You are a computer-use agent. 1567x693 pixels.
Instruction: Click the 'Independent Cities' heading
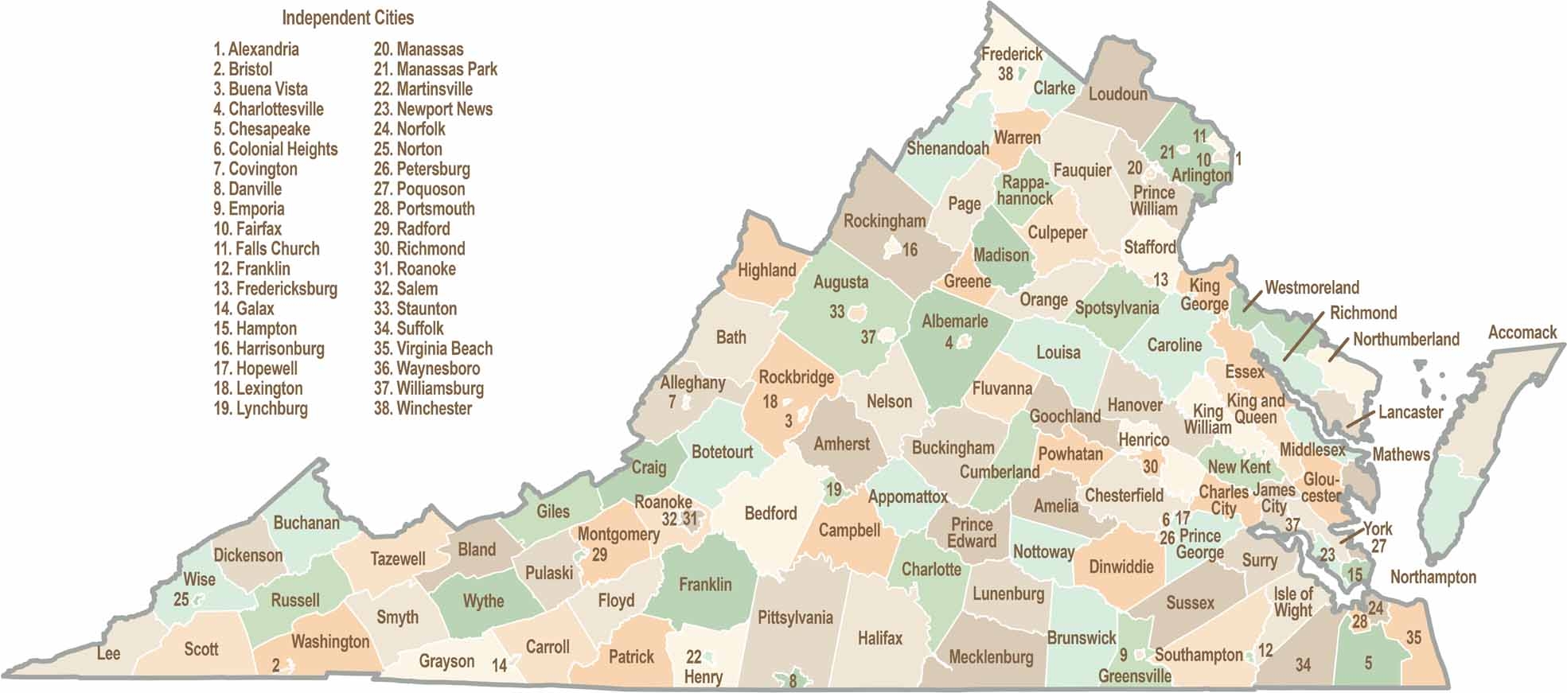[348, 18]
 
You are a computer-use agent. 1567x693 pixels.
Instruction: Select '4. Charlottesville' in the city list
[268, 109]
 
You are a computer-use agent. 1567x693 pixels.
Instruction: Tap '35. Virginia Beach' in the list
[433, 348]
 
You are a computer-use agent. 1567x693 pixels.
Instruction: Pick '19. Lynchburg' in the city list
[260, 408]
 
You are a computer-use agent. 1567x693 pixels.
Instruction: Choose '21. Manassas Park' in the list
[435, 69]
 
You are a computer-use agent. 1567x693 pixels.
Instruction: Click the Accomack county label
[1522, 333]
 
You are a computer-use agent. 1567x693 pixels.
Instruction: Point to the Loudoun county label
[1117, 94]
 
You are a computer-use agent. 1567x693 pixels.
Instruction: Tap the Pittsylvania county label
[794, 617]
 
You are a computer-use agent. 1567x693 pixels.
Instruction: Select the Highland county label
[766, 270]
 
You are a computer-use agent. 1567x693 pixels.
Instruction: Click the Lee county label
[108, 653]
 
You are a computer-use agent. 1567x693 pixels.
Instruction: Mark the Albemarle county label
[954, 321]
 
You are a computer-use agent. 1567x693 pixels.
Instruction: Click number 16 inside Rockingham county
[910, 250]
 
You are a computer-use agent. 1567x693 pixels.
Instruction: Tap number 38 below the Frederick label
[1005, 74]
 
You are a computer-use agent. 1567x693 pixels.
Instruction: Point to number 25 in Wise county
[181, 599]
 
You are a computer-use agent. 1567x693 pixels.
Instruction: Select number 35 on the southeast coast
[1413, 637]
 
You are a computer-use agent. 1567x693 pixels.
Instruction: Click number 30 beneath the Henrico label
[1150, 466]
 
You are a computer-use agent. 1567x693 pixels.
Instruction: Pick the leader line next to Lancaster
[1360, 419]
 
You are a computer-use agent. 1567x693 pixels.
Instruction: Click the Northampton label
[1433, 577]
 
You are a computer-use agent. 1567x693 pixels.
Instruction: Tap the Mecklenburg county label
[990, 657]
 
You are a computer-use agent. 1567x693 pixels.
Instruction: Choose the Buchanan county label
[306, 523]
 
